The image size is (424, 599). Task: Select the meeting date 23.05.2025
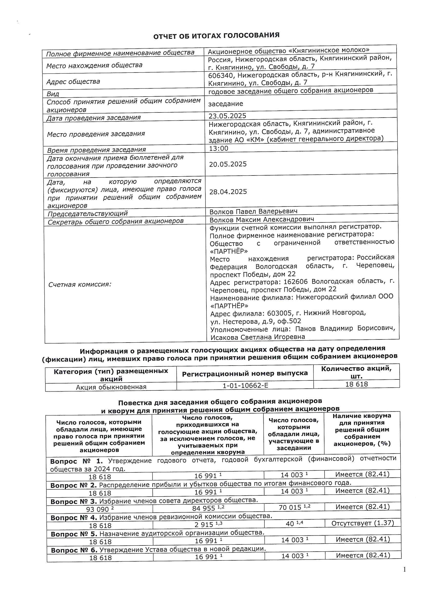click(227, 116)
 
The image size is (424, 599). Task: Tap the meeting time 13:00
click(219, 148)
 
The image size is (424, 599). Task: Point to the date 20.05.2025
click(228, 164)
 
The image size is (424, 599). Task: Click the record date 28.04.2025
click(228, 192)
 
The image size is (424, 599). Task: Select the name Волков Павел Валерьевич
click(253, 211)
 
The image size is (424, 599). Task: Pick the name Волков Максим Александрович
click(262, 220)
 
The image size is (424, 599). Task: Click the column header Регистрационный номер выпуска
click(245, 374)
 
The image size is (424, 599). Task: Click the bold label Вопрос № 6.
click(74, 551)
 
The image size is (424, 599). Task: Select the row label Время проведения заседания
click(96, 150)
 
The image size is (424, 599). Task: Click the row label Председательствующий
click(87, 214)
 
